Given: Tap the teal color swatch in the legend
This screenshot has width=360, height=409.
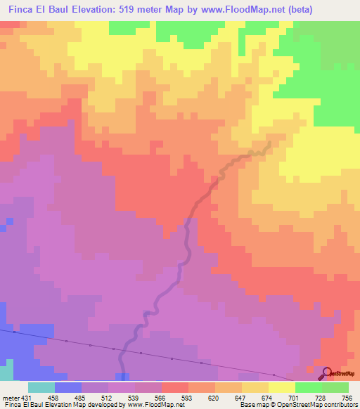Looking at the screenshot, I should (x=41, y=387).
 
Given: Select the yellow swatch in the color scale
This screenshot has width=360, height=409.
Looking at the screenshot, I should (x=281, y=387).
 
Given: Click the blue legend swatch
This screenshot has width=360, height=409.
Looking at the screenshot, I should (x=68, y=387).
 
